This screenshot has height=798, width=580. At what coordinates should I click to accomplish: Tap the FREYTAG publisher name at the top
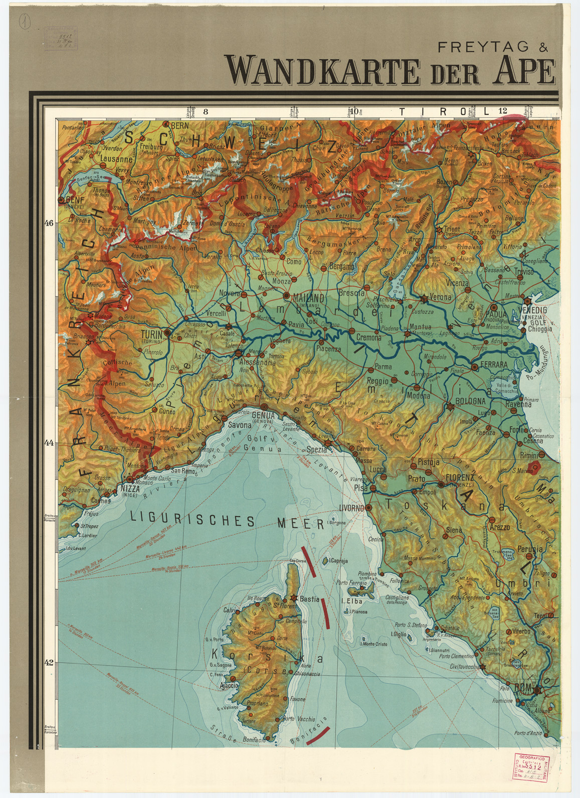(476, 47)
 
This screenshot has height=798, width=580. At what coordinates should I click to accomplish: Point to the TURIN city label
(151, 334)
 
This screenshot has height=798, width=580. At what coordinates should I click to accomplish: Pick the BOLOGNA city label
(470, 401)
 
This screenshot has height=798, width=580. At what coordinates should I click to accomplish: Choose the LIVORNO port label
(351, 508)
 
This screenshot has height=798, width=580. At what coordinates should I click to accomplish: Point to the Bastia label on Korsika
(309, 599)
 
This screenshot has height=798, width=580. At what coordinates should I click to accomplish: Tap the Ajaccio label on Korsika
(229, 685)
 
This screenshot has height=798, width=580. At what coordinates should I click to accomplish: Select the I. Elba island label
(351, 601)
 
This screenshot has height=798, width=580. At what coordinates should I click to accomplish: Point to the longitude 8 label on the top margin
(205, 112)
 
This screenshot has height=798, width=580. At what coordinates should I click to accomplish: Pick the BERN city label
(179, 125)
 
